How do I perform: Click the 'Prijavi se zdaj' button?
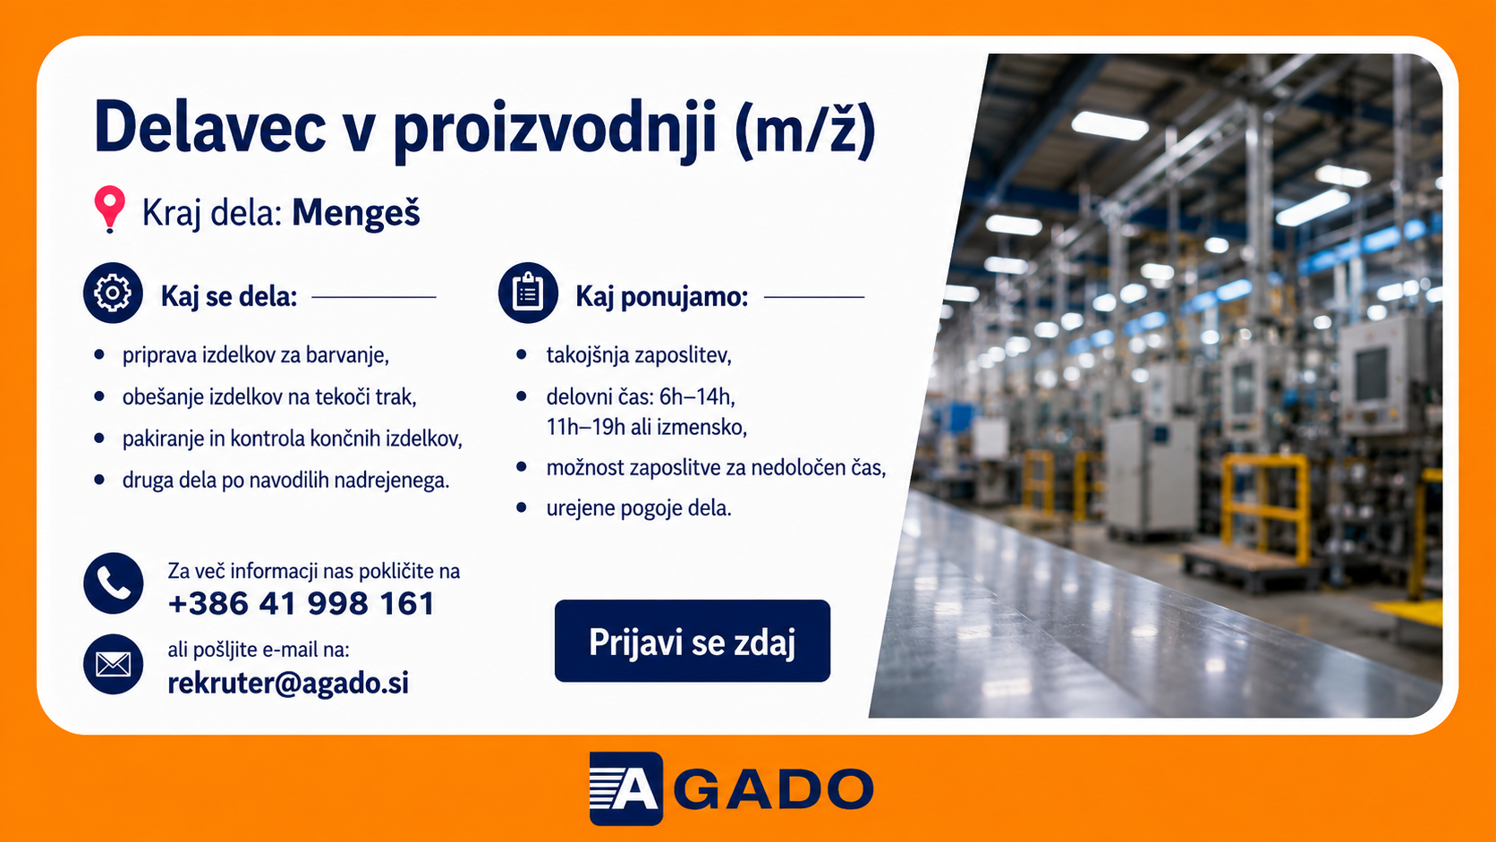(692, 641)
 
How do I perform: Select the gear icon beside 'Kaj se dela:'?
(113, 293)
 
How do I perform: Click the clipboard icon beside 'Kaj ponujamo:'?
(528, 293)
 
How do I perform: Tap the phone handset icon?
(113, 583)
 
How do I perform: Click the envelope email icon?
(113, 664)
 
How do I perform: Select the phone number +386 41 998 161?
(302, 604)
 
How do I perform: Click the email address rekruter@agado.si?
(288, 683)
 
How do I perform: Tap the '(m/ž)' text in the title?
(804, 130)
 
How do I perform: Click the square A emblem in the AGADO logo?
(625, 788)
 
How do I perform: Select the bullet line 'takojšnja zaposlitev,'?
(639, 355)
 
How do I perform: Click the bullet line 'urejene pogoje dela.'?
(639, 508)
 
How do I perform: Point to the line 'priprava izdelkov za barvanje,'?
(255, 355)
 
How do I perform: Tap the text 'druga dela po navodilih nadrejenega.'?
(285, 481)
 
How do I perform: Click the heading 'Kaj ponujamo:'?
(662, 297)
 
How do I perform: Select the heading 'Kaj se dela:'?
(228, 297)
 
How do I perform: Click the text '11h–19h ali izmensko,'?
(647, 427)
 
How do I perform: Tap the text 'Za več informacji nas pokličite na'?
(313, 572)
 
